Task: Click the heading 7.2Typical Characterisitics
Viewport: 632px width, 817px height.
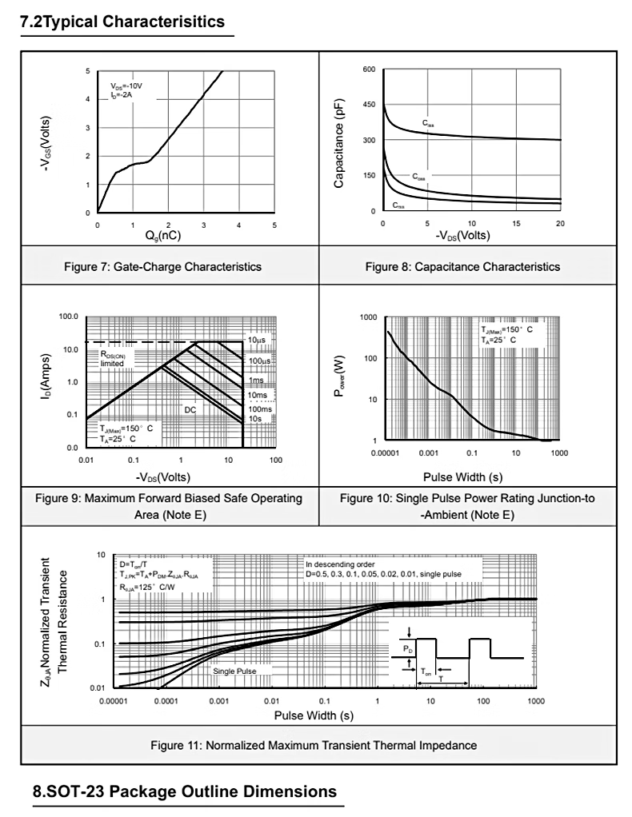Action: coord(122,22)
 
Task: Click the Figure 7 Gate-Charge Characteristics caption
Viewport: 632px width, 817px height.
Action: coord(162,266)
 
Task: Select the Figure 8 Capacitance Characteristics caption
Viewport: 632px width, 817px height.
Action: coord(462,266)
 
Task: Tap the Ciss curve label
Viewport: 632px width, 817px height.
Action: coord(428,124)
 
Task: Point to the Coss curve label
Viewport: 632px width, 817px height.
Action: coord(419,177)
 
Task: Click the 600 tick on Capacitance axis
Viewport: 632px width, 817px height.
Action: coord(368,70)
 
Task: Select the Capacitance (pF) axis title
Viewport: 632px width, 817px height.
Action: coord(340,142)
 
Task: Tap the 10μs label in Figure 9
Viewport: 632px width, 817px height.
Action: coord(256,341)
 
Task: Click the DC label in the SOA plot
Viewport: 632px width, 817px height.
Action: coord(190,409)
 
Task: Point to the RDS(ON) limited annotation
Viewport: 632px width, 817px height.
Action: coord(112,358)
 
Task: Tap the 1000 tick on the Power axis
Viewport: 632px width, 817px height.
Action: coord(367,317)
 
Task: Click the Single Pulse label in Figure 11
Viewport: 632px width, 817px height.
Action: coord(234,672)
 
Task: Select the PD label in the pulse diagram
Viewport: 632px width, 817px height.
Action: coord(407,648)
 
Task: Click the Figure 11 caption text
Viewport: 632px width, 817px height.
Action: coord(314,745)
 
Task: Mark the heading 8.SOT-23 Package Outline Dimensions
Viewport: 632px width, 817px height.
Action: coord(185,792)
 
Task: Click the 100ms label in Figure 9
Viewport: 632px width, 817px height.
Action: coord(258,409)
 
